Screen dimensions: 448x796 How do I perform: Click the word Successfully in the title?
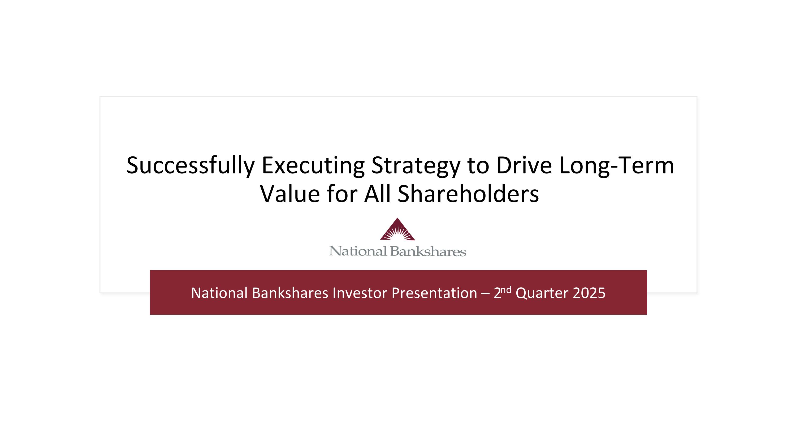[190, 166]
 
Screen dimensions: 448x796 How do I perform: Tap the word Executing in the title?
[313, 166]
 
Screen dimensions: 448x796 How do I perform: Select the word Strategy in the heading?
[416, 166]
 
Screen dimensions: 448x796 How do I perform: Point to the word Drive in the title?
[524, 166]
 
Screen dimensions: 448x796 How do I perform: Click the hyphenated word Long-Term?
[616, 166]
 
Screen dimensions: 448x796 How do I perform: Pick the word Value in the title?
[290, 194]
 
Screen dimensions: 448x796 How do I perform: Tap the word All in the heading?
[377, 194]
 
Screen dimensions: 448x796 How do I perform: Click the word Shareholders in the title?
[468, 194]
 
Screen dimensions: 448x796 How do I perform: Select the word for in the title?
[342, 194]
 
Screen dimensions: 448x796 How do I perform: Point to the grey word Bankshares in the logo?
[428, 251]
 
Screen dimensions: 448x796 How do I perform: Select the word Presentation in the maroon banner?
[434, 293]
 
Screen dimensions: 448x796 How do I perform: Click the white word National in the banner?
[219, 293]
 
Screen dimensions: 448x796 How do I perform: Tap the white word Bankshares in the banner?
[290, 293]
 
